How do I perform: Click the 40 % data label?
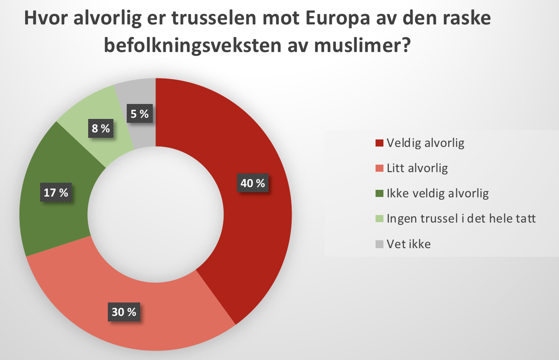pos(253,183)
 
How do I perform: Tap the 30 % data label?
pos(124,312)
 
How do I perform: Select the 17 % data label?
pos(56,193)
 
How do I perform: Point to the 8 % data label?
pos(101,128)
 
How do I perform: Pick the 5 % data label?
pos(139,114)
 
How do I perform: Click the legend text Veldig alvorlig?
pos(426,143)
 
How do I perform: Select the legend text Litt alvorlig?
pos(417,168)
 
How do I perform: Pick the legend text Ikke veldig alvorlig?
pos(438,193)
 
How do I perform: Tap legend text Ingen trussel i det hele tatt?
pos(461,219)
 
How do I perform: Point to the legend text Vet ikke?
pos(409,244)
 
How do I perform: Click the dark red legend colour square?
pos(379,143)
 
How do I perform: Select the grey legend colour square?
pos(379,244)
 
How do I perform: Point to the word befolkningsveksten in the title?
pos(193,46)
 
